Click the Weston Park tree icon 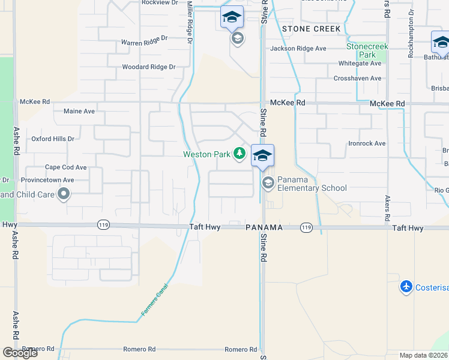click(x=240, y=154)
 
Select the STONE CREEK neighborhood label click(x=311, y=29)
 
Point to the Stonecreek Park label click(x=367, y=50)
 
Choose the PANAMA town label click(x=264, y=228)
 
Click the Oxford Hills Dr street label click(x=53, y=139)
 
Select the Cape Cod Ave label click(x=66, y=167)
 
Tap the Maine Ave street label click(x=79, y=111)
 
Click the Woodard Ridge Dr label click(x=148, y=67)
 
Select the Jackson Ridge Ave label click(x=298, y=49)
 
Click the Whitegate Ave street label click(x=360, y=64)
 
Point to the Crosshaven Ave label click(x=358, y=78)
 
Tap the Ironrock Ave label click(x=367, y=143)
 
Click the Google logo click(x=20, y=353)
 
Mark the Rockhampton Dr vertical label click(x=411, y=33)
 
